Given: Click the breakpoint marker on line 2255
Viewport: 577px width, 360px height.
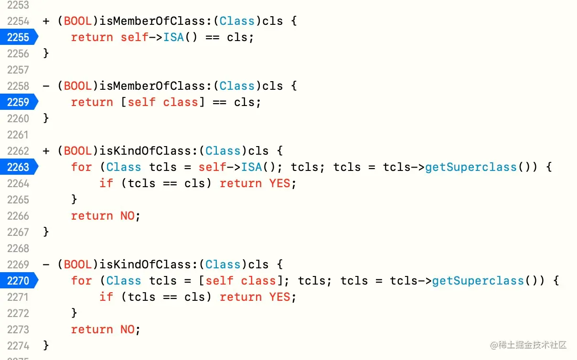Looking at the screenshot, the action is click(18, 37).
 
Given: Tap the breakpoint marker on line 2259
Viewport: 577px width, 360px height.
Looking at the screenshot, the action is click(18, 102).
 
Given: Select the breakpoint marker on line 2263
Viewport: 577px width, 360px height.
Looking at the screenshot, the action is click(18, 167).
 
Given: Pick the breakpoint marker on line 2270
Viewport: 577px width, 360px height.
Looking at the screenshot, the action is click(18, 281).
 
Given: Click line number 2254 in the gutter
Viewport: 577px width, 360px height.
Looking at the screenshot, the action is click(18, 21).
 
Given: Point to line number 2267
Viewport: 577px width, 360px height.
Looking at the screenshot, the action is click(18, 232).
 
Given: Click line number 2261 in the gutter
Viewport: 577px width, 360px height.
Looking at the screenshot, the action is click(18, 135).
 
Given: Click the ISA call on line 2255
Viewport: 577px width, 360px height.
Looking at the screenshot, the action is click(174, 37).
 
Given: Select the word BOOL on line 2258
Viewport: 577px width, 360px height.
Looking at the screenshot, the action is click(78, 86).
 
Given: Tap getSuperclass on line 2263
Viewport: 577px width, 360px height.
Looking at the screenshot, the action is click(471, 167).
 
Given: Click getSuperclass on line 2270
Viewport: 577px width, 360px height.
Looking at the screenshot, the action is click(478, 281).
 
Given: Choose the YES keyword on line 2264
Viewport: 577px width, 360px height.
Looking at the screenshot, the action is click(279, 183).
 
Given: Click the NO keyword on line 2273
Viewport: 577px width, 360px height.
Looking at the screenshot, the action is click(128, 329).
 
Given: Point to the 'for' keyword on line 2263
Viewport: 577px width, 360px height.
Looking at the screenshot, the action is click(81, 167).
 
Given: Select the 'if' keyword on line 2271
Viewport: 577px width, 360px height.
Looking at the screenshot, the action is click(106, 297).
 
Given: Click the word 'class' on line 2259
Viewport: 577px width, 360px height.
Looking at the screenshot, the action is click(181, 102).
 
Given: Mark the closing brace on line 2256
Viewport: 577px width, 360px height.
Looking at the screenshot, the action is click(46, 53).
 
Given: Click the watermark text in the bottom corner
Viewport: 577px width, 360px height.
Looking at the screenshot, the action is click(528, 345).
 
